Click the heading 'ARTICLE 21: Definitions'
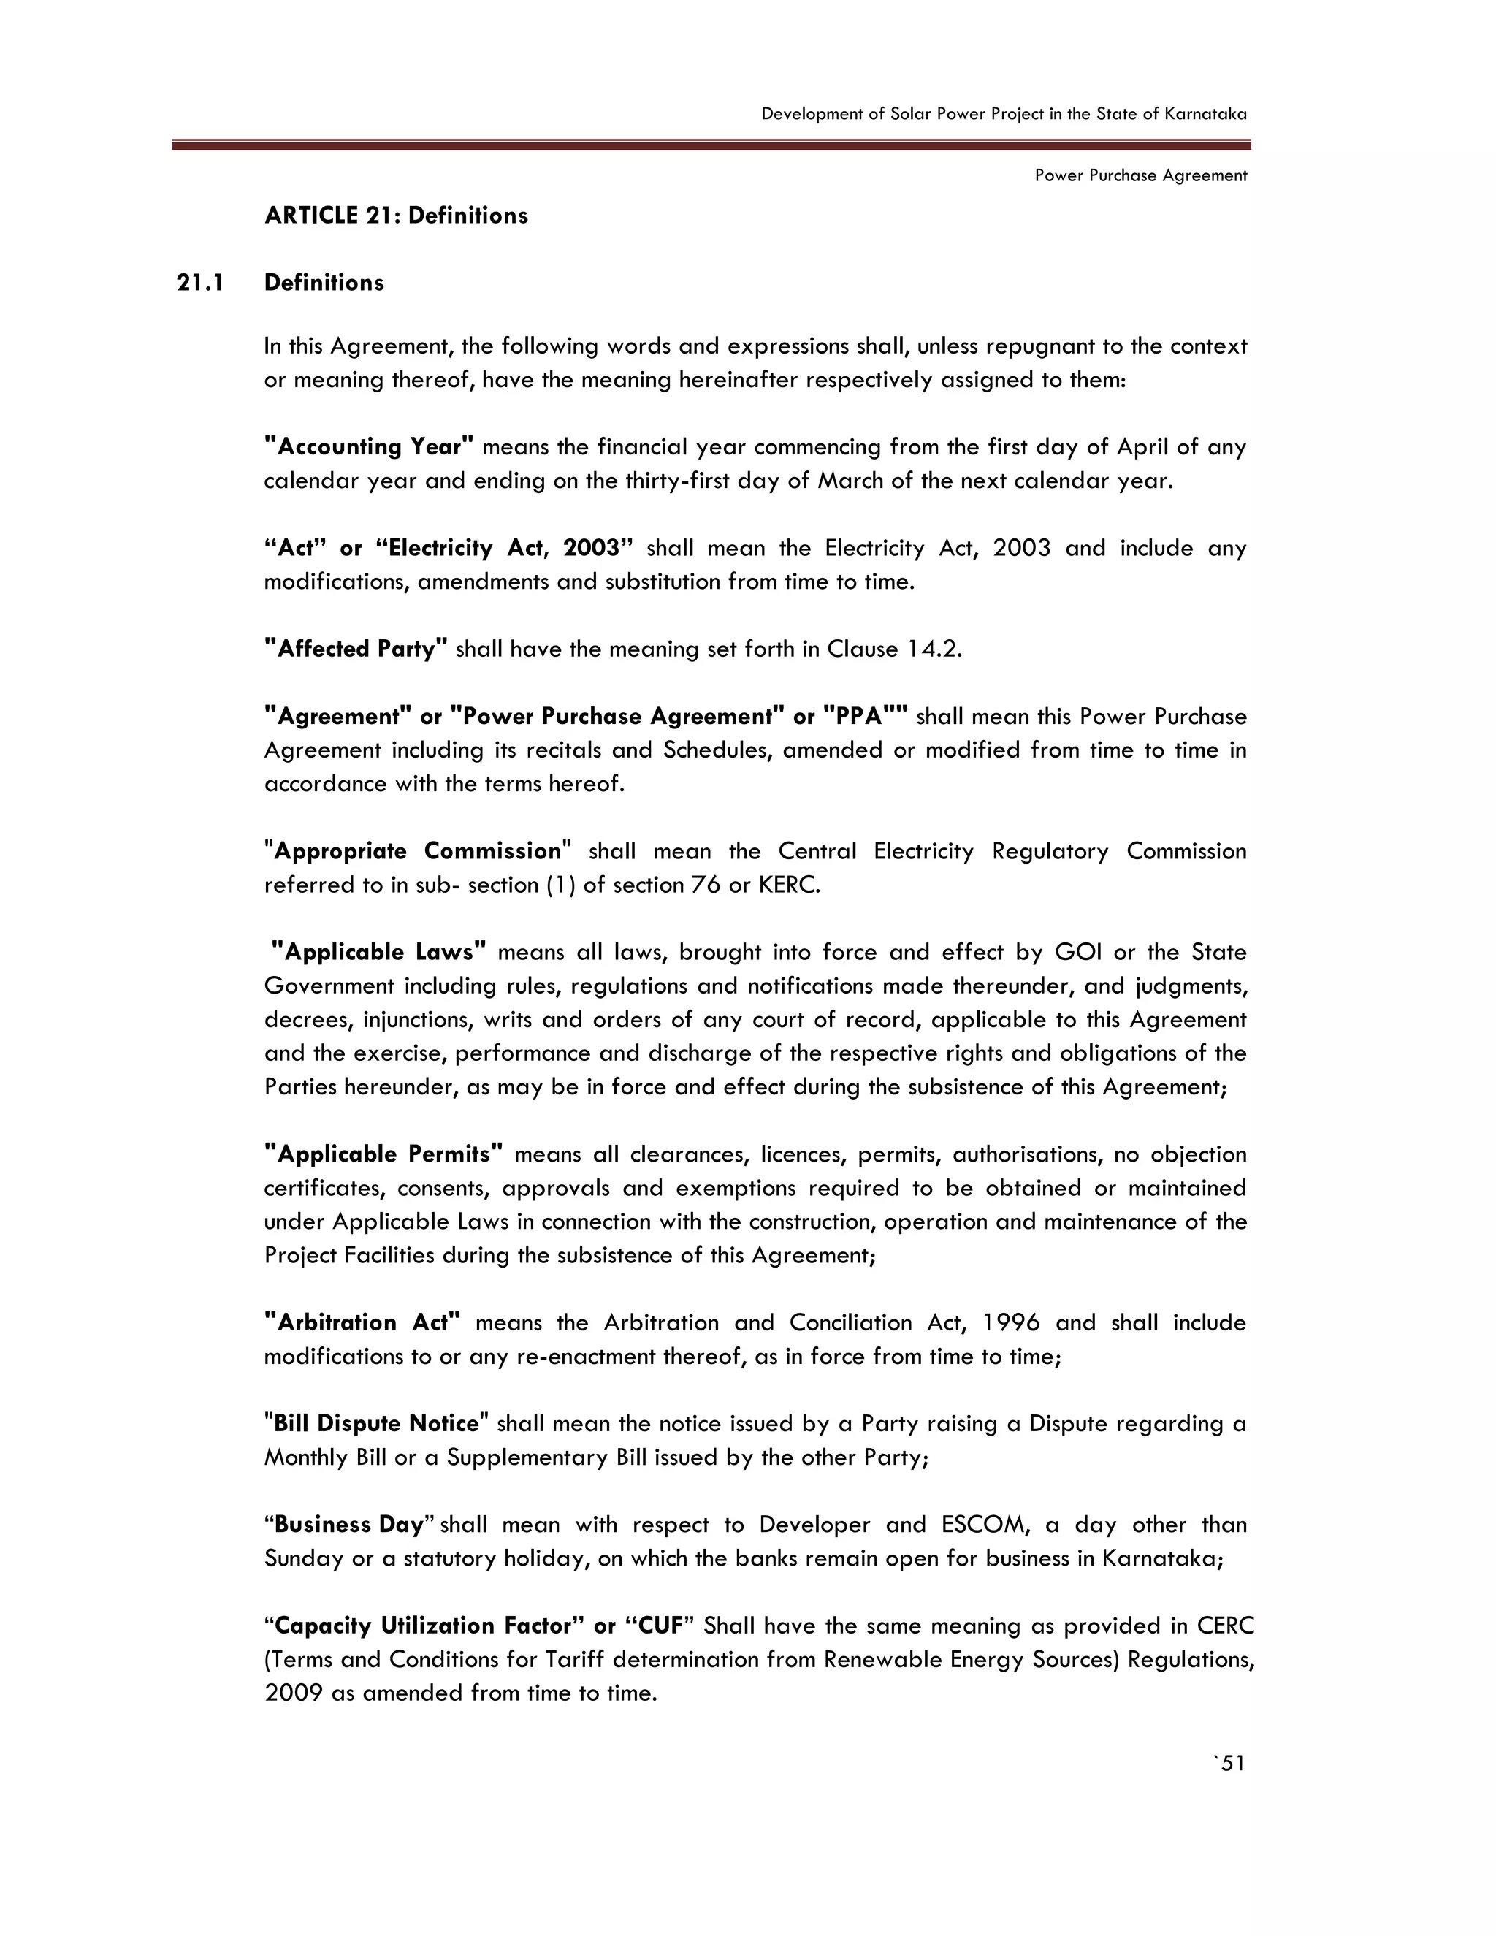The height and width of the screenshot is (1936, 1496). tap(395, 216)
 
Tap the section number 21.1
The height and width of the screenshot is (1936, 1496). tap(200, 283)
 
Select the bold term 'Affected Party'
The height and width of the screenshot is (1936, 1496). tap(356, 649)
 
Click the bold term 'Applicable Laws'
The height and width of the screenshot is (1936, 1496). tap(379, 952)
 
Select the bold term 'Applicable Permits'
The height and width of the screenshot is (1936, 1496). tap(383, 1154)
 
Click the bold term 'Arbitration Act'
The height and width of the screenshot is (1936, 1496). tap(362, 1322)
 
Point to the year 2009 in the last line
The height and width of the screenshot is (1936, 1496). tap(292, 1693)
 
